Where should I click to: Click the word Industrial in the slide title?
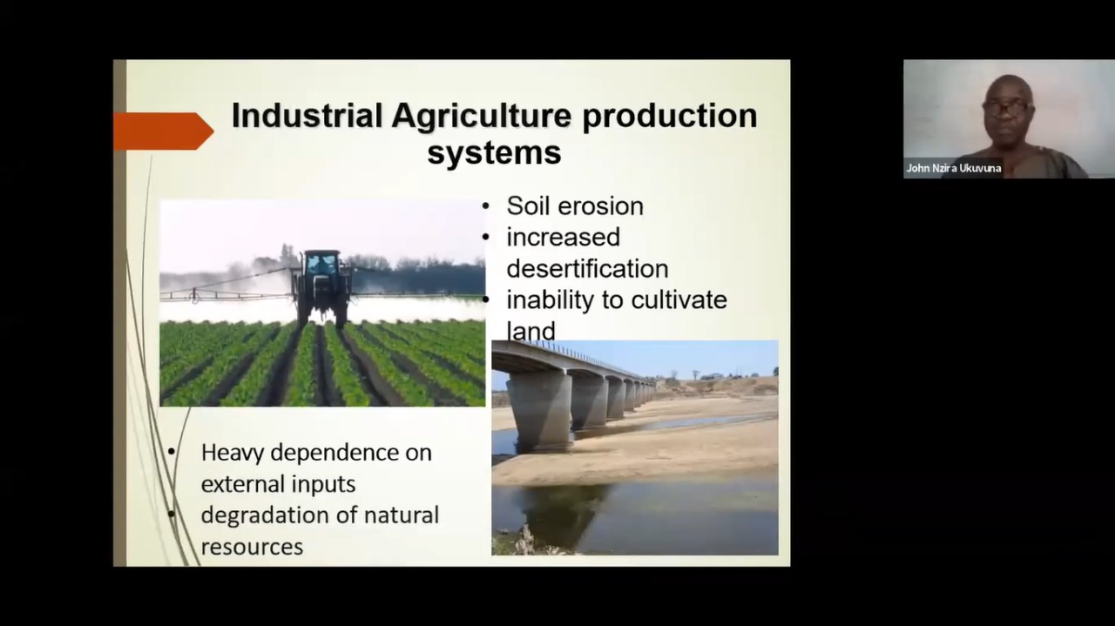(x=307, y=116)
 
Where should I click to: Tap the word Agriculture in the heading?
(x=482, y=117)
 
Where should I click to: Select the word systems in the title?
(x=494, y=153)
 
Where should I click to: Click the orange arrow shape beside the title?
(x=164, y=131)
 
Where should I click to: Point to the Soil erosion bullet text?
(x=575, y=206)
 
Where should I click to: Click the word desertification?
(x=587, y=269)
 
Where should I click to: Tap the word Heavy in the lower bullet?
(x=233, y=454)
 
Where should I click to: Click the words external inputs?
(x=278, y=485)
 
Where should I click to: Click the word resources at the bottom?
(x=252, y=547)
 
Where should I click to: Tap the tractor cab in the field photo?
(x=322, y=263)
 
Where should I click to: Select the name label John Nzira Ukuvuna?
(x=953, y=168)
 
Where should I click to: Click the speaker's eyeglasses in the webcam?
(x=1006, y=107)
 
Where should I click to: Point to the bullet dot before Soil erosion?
(x=486, y=206)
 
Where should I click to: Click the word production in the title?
(x=670, y=117)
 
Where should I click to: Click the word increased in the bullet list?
(x=563, y=237)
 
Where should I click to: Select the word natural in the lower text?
(x=402, y=515)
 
